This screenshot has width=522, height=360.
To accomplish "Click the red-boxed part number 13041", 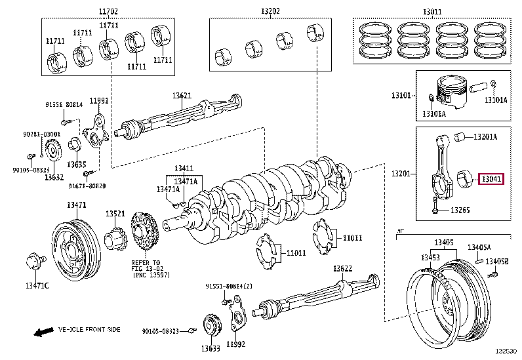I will point(491,178).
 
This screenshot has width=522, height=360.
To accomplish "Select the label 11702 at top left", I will point(109,11).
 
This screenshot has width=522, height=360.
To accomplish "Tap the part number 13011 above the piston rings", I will point(431,11).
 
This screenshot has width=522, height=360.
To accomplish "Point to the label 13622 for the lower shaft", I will point(342,268).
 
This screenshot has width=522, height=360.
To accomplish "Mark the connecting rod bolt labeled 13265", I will point(435,210).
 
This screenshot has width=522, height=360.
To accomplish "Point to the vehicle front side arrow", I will point(44,332).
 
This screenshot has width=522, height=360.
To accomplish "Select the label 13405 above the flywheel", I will point(443,243).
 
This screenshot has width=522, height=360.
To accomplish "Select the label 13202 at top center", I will point(270,11).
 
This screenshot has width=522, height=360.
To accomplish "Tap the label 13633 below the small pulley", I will point(210,348).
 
